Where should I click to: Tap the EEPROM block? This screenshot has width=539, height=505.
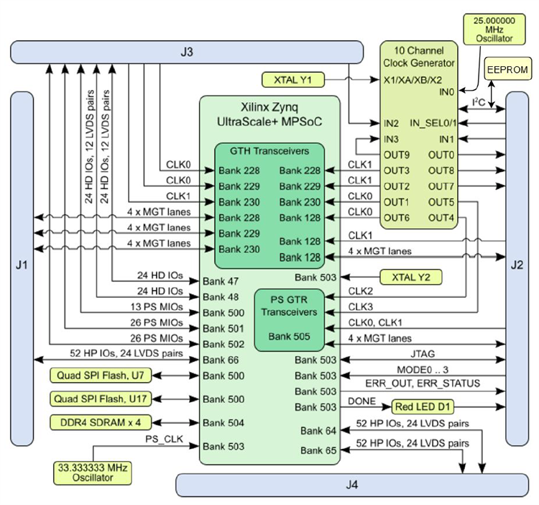coord(507,70)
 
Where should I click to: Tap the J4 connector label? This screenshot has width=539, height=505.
coord(351,484)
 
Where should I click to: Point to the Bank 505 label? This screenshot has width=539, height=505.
coord(288,335)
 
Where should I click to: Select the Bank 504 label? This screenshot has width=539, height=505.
coord(222,422)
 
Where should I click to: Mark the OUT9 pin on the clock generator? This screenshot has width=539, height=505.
coord(396,155)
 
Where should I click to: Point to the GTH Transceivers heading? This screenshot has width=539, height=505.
coord(269,152)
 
